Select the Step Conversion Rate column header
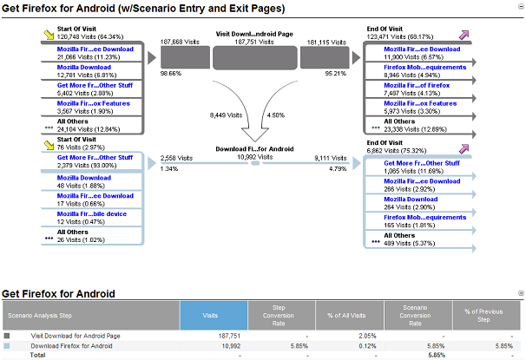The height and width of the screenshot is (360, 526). click(279, 316)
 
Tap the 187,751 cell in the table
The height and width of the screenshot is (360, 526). click(229, 336)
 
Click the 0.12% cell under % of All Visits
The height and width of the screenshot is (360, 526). click(367, 346)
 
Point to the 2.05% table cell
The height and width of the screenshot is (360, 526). click(367, 336)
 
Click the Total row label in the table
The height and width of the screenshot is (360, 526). click(37, 355)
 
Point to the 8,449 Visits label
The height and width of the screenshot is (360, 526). click(226, 115)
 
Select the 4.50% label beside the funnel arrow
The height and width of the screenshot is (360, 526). click(276, 115)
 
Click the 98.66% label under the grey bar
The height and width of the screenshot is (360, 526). click(171, 73)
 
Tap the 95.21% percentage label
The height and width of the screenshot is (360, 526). click(335, 73)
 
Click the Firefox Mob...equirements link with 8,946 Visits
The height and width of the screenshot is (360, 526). click(425, 67)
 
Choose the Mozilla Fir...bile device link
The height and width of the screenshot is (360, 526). click(92, 214)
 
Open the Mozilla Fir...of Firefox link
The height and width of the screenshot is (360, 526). click(417, 85)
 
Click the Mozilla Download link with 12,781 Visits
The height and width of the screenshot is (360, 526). click(84, 67)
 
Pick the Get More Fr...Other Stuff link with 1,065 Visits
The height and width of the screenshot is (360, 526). click(422, 163)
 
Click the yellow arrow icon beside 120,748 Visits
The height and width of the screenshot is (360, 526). click(49, 35)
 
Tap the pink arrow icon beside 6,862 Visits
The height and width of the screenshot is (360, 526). click(464, 148)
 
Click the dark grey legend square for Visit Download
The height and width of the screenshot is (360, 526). click(7, 336)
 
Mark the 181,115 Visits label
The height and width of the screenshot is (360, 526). click(326, 43)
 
